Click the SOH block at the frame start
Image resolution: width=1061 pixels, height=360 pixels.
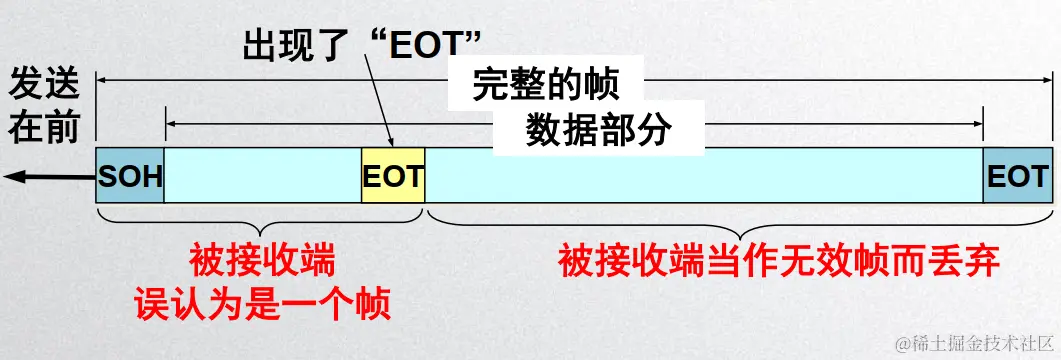(129, 177)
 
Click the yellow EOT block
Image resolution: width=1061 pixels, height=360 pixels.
(393, 177)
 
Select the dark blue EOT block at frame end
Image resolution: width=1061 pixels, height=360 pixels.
(1017, 177)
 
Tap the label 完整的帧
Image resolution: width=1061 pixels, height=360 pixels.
(545, 86)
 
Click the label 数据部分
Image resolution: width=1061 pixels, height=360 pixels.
(597, 129)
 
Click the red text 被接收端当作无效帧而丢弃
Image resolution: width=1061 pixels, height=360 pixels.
(779, 262)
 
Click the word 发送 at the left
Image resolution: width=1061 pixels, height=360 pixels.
(43, 85)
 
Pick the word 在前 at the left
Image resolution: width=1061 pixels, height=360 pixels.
(43, 127)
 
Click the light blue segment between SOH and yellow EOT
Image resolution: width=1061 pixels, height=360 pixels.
(262, 177)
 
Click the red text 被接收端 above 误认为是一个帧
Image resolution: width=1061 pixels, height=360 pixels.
(261, 262)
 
